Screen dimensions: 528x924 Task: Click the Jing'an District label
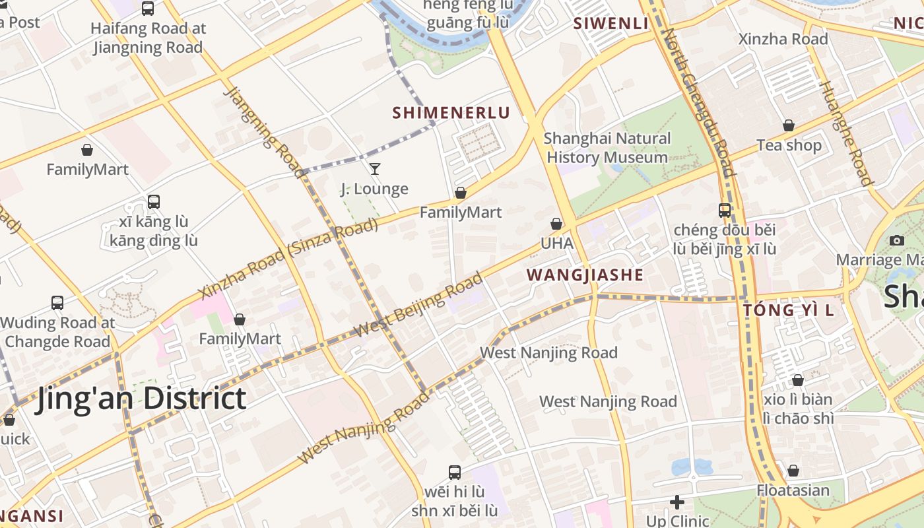click(141, 399)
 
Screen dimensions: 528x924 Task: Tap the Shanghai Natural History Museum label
click(607, 148)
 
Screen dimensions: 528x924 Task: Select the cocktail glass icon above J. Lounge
click(374, 169)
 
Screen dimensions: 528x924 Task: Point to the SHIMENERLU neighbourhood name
click(451, 113)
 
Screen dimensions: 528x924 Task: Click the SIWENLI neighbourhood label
click(610, 24)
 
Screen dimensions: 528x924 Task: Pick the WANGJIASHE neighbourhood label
click(585, 275)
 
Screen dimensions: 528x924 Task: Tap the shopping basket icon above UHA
click(556, 224)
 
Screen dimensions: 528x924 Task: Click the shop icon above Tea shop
click(788, 125)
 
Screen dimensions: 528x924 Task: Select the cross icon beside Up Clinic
click(676, 502)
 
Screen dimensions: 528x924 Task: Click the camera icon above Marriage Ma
click(896, 240)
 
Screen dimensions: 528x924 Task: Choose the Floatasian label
click(793, 490)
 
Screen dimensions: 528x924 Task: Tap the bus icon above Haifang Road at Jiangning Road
click(148, 9)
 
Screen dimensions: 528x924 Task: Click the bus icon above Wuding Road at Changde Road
click(57, 303)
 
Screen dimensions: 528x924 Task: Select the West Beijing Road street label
click(418, 305)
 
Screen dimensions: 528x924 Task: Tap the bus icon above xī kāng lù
click(154, 202)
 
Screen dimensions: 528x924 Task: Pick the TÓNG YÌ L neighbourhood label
click(788, 310)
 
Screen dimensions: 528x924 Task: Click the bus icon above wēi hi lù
click(455, 472)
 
